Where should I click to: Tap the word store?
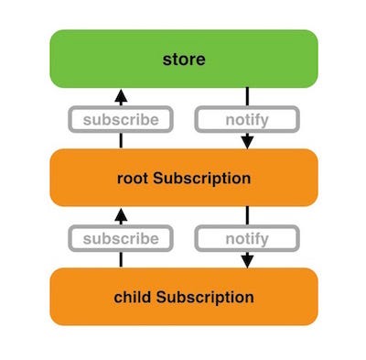pos(183,61)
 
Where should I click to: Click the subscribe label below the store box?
pos(121,119)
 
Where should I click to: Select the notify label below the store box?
pos(247,119)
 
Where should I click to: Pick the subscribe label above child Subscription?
pos(121,239)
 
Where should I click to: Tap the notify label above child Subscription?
pos(247,239)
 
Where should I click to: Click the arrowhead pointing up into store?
pos(121,94)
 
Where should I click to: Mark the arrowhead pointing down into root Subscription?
pos(247,142)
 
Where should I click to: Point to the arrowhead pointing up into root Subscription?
pos(121,215)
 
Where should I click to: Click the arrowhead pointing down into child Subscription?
pos(247,262)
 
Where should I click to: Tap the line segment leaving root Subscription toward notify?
pos(247,217)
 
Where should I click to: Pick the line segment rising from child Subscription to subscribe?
pos(121,259)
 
